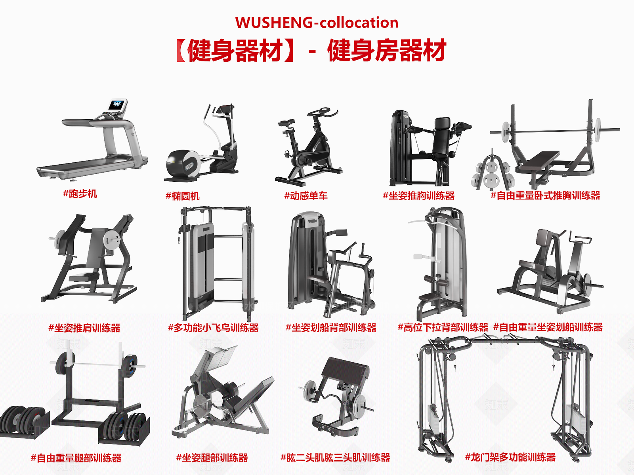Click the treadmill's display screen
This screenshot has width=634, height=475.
coord(117,105)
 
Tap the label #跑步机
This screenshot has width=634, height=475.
coord(80,194)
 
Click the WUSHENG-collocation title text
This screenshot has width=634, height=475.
coord(317,23)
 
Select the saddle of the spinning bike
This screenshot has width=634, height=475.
coord(286,123)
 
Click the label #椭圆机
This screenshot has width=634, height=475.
coord(183,196)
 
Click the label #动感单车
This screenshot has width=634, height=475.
coord(306,196)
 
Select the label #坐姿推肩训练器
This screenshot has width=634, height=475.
coord(84,328)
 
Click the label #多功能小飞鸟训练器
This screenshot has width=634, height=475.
coord(213,328)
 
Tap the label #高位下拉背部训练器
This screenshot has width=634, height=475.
coord(443,328)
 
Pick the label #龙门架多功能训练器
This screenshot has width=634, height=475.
coord(510,458)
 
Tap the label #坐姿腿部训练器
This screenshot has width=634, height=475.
coord(212,458)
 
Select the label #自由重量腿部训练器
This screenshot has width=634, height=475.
coord(76,458)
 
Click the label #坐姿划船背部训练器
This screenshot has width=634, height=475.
coord(331,328)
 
